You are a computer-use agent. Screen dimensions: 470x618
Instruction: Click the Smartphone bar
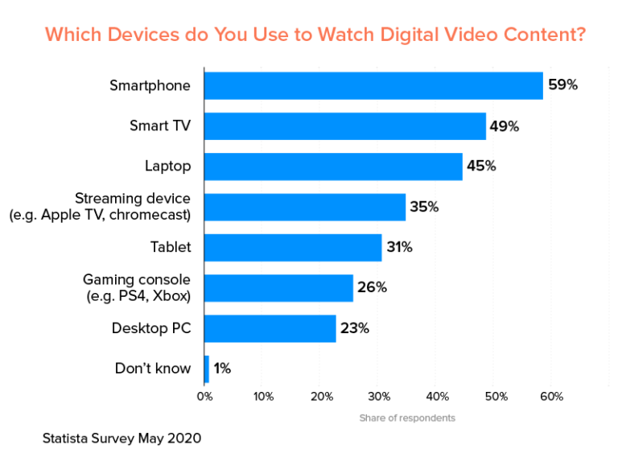pos(373,85)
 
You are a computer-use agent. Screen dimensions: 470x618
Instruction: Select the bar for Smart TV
pos(345,126)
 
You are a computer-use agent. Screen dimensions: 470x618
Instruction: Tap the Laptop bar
pos(333,167)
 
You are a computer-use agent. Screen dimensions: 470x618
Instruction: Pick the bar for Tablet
pos(293,247)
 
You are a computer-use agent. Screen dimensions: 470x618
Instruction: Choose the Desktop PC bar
pos(270,328)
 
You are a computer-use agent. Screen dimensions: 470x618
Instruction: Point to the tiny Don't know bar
pos(207,369)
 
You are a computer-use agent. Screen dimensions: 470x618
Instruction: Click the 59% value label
pos(562,85)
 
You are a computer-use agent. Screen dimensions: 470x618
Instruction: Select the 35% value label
pos(423,207)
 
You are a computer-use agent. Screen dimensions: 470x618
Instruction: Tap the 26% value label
pos(371,287)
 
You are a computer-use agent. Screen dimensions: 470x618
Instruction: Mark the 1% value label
pos(222,369)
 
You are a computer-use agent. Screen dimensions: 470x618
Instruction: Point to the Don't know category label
pos(153,369)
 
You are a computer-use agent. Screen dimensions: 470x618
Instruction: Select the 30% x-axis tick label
pos(379,396)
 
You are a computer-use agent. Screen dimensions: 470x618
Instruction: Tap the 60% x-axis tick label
pos(552,396)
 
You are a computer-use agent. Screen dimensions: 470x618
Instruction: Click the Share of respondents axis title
pos(407,418)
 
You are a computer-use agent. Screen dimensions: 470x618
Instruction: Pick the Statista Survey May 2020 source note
pos(122,439)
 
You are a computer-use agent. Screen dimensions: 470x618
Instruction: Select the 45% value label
pos(480,167)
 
